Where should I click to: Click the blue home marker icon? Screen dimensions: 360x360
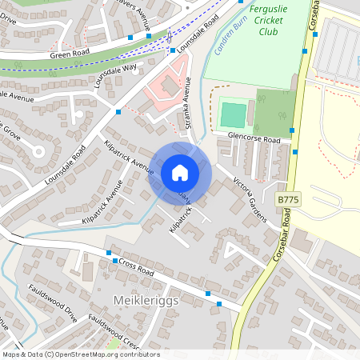click(180, 173)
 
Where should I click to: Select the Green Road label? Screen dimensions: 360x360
click(69, 54)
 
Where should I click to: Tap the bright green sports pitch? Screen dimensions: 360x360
click(232, 114)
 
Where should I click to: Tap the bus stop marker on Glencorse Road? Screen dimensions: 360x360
click(292, 130)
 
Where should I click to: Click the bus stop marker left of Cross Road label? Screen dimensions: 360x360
click(115, 261)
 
